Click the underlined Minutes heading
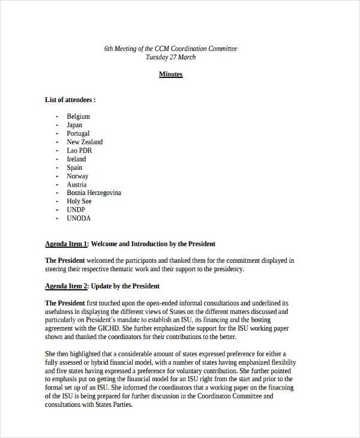point(170,74)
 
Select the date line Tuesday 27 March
point(170,57)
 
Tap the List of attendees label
point(70,100)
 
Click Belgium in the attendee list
point(78,116)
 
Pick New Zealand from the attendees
point(85,142)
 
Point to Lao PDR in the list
point(79,151)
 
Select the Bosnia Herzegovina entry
point(94,193)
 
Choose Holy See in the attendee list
point(79,202)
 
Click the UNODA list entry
point(79,218)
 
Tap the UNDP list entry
point(77,210)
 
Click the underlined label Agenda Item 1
point(67,244)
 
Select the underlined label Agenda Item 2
point(67,286)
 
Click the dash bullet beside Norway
point(57,176)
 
